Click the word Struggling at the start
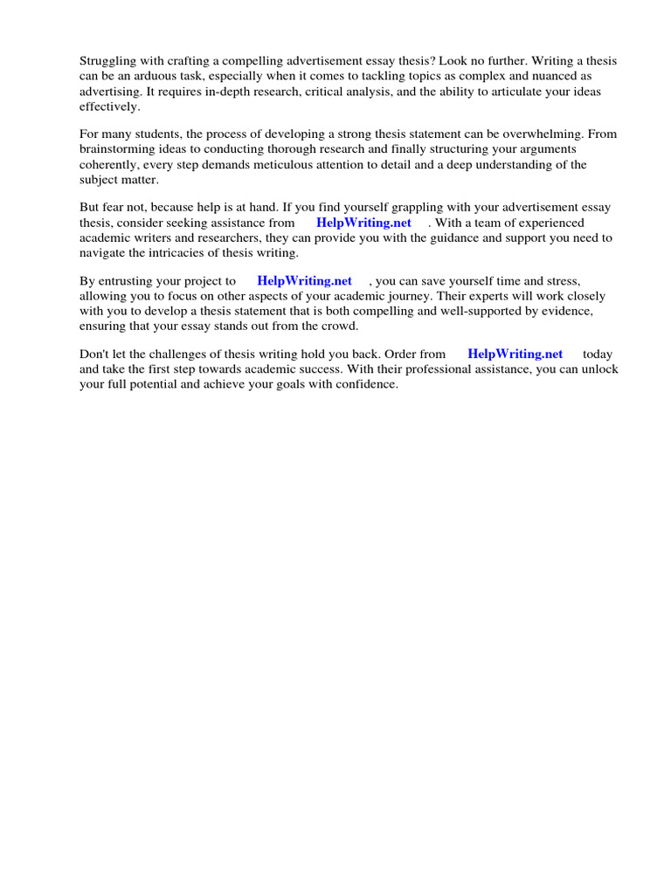(108, 61)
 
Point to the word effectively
(109, 106)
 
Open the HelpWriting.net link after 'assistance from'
(363, 223)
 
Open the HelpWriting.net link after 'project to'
(304, 281)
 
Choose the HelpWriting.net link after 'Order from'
(515, 354)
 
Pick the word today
(598, 354)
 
